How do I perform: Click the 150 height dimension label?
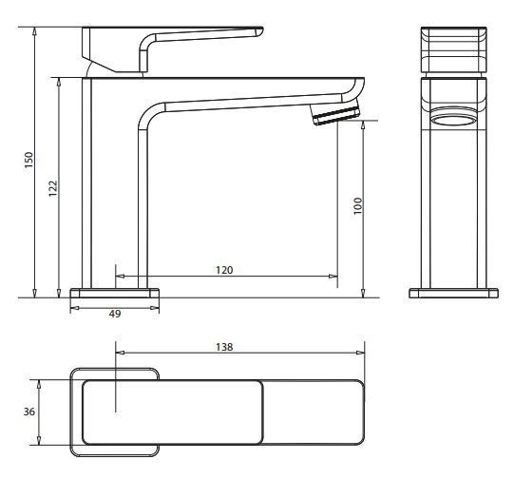coord(29,162)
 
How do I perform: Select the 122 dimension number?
coord(53,188)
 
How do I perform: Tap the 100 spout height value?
coord(358,206)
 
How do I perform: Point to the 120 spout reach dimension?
coord(224,270)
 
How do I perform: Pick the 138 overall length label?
coord(225,347)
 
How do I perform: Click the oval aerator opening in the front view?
coord(454,121)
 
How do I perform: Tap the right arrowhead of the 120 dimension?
coord(333,278)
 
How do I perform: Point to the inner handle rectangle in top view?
coord(171,412)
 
